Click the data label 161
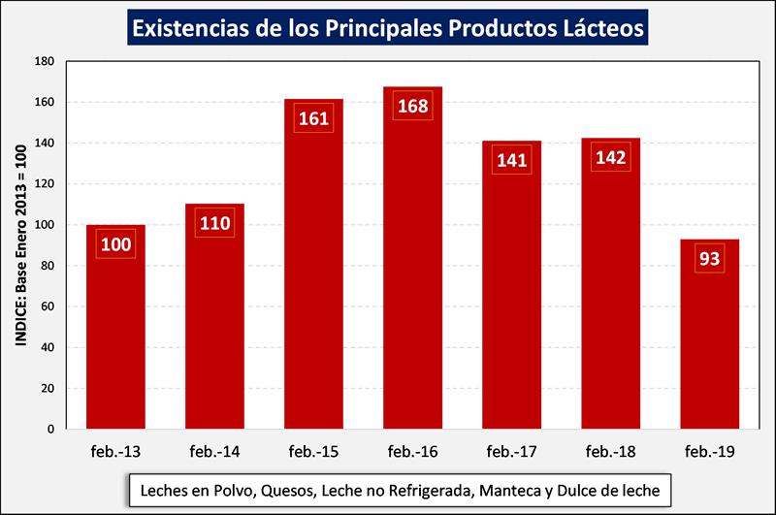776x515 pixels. pos(313,119)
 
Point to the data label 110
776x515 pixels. pos(214,224)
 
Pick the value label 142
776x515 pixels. pos(610,158)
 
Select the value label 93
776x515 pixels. pos(709,260)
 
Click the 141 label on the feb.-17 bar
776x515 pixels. pos(511,160)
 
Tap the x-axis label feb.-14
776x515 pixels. pos(214,451)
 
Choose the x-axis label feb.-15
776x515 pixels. pos(313,451)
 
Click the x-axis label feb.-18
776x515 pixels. pos(610,451)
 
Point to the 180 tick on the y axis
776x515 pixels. pos(44,61)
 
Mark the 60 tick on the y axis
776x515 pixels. pos(47,306)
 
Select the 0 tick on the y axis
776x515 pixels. pos(50,429)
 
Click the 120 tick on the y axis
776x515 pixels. pos(44,184)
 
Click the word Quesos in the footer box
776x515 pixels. pos(287,491)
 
